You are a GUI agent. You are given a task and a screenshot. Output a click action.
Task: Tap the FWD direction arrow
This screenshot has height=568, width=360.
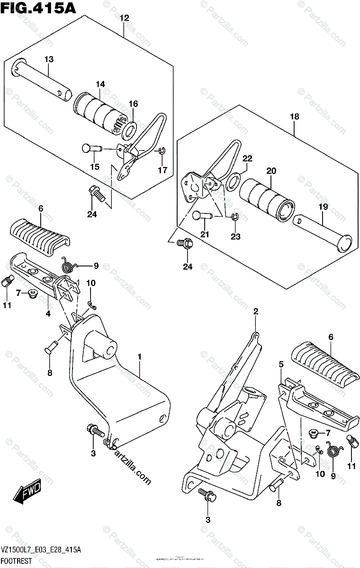tap(28, 492)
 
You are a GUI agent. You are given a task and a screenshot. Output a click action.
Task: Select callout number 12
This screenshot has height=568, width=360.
tap(124, 18)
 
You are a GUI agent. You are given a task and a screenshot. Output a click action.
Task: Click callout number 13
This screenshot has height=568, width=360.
tap(49, 60)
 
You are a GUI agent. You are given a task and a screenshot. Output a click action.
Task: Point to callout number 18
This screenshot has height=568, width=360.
tap(294, 116)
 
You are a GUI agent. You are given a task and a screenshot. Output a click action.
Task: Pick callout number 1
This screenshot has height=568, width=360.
tap(140, 355)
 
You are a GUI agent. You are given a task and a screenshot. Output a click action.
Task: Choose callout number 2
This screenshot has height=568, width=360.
tap(255, 311)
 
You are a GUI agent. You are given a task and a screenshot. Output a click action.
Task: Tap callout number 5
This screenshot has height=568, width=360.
tap(281, 364)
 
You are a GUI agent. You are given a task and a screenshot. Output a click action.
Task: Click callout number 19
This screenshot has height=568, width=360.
tap(322, 207)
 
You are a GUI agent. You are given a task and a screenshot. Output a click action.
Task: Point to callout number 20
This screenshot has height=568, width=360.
tap(270, 171)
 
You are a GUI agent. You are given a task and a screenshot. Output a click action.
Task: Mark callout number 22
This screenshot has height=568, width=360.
tap(247, 158)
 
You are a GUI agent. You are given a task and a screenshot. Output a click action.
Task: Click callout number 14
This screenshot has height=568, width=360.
tap(99, 84)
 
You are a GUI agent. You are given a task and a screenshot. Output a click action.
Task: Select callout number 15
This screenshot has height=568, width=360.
tap(95, 167)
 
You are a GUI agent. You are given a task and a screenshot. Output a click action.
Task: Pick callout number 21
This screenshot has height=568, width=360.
tap(204, 234)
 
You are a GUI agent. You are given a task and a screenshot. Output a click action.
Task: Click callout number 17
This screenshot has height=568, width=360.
tap(162, 170)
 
